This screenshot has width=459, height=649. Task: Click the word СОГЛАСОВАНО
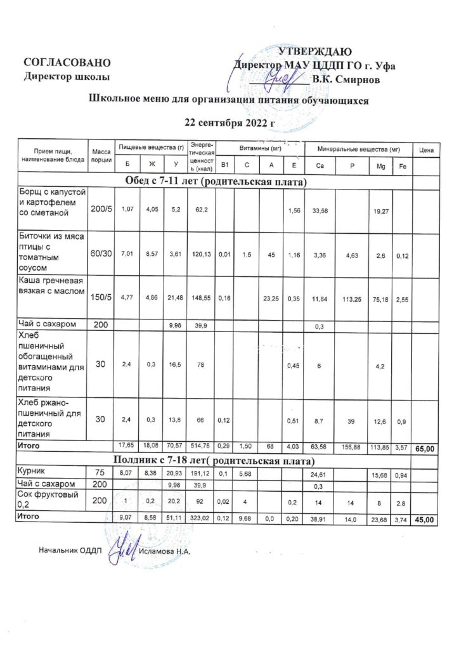pos(68,63)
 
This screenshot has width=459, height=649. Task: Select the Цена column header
pos(426,150)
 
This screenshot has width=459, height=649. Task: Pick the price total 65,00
pos(425,449)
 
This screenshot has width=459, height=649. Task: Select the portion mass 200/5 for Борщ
pos(101,209)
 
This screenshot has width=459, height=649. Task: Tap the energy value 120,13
pos(201,255)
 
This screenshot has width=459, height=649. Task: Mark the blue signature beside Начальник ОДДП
pos(120,549)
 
